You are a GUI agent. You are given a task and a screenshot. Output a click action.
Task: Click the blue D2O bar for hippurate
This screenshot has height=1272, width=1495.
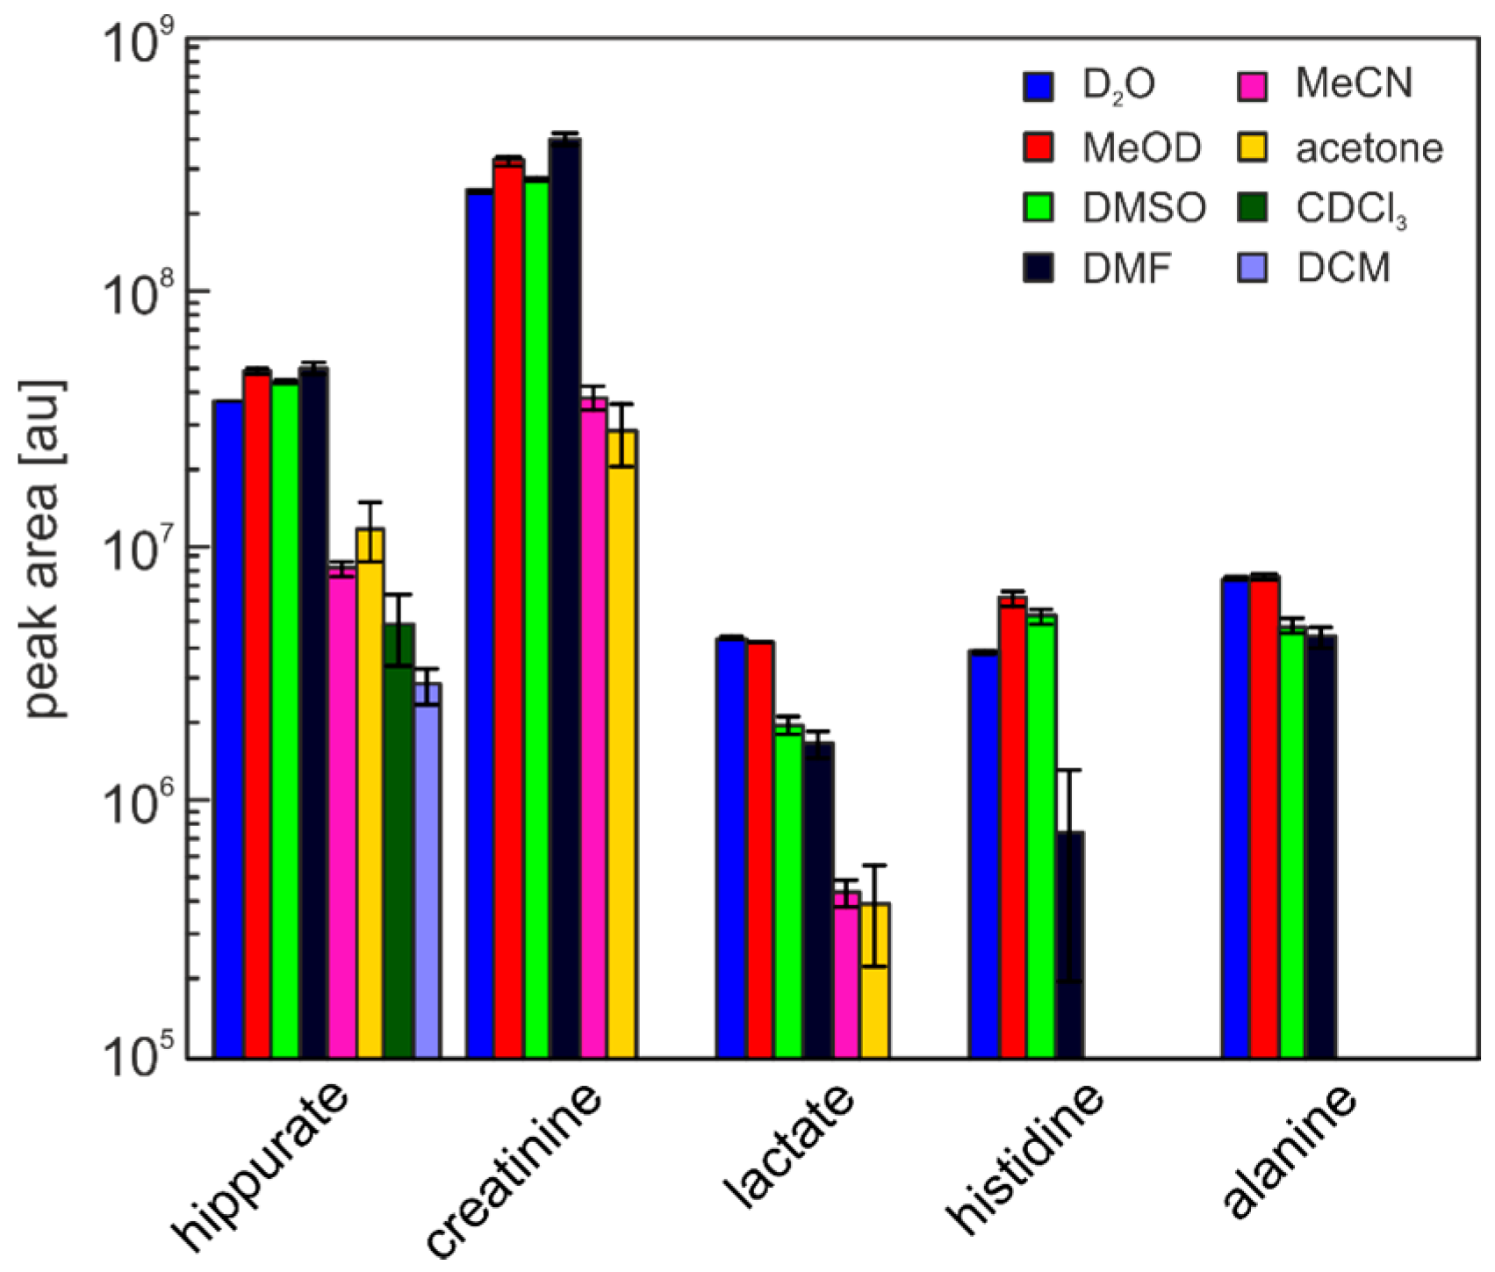click(229, 729)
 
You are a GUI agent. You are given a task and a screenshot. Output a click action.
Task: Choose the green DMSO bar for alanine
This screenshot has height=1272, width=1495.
click(1292, 843)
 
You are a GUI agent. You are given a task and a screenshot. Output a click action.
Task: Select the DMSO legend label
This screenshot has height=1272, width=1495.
click(1143, 208)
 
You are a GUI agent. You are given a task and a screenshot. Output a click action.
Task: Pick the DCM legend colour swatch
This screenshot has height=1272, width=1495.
click(1252, 268)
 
